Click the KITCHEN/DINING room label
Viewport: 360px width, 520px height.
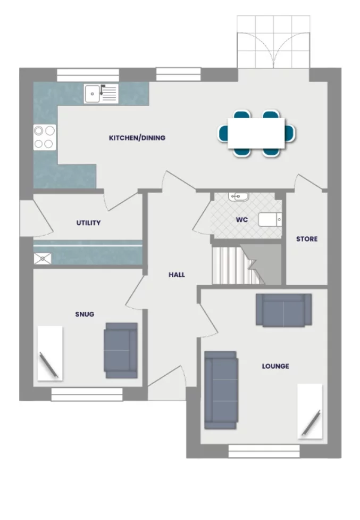click(x=137, y=138)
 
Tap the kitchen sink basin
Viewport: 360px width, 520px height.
click(x=93, y=94)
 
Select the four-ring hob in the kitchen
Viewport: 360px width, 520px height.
click(x=44, y=136)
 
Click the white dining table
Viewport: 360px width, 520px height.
click(x=256, y=133)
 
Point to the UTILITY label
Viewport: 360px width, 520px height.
click(x=88, y=223)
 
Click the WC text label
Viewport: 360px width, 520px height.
click(x=242, y=220)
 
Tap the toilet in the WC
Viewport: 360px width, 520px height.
click(x=270, y=219)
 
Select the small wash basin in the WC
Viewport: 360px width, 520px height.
click(x=238, y=197)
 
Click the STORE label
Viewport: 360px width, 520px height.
click(x=307, y=239)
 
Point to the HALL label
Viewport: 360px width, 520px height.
click(x=177, y=275)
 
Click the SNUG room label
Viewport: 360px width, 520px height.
click(x=85, y=314)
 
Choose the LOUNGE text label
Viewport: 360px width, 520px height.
click(x=275, y=366)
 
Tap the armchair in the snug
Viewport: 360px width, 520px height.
click(x=121, y=350)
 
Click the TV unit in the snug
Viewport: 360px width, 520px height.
click(x=49, y=352)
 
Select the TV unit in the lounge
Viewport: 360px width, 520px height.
click(x=309, y=411)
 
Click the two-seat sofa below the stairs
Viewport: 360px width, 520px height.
click(x=283, y=310)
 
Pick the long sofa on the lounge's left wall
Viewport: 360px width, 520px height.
click(x=221, y=390)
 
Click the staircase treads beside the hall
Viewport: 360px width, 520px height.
click(x=230, y=265)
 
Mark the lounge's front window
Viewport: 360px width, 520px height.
click(x=264, y=451)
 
